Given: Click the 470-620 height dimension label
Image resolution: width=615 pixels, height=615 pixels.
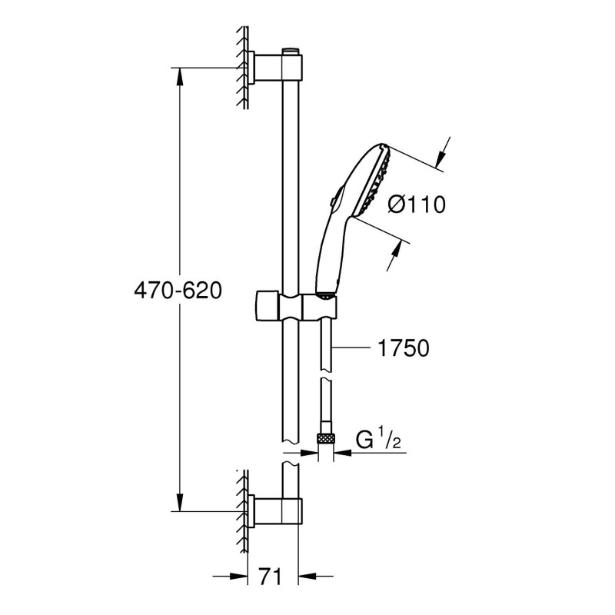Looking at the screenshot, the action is (178, 291).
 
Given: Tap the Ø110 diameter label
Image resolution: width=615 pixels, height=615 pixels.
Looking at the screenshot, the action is (417, 204).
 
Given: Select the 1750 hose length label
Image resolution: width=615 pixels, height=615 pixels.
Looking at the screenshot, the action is (403, 348).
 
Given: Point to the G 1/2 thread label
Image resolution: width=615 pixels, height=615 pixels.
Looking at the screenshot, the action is (378, 440).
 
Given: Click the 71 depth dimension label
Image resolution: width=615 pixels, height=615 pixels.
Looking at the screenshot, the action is (271, 577).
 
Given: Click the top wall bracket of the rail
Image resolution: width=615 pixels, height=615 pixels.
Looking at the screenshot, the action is (274, 68).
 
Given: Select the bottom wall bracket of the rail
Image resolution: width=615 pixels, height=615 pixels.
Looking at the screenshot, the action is (274, 510).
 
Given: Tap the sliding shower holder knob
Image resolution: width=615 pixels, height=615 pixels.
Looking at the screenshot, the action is (267, 305).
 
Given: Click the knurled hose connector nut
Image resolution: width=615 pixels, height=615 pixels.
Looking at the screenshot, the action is (325, 437).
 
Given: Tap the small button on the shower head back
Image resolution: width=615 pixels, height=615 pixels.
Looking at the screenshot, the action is (334, 200).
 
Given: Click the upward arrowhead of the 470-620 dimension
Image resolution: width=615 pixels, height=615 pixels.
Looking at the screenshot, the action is (180, 77).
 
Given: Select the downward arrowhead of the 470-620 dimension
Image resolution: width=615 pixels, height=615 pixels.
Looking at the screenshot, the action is (180, 503).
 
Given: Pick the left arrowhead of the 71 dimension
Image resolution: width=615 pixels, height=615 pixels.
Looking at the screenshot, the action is (238, 576).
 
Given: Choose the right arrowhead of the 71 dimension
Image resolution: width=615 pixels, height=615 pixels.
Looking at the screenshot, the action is (307, 576).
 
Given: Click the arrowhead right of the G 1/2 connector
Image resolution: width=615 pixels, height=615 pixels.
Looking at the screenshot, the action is (342, 453).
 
